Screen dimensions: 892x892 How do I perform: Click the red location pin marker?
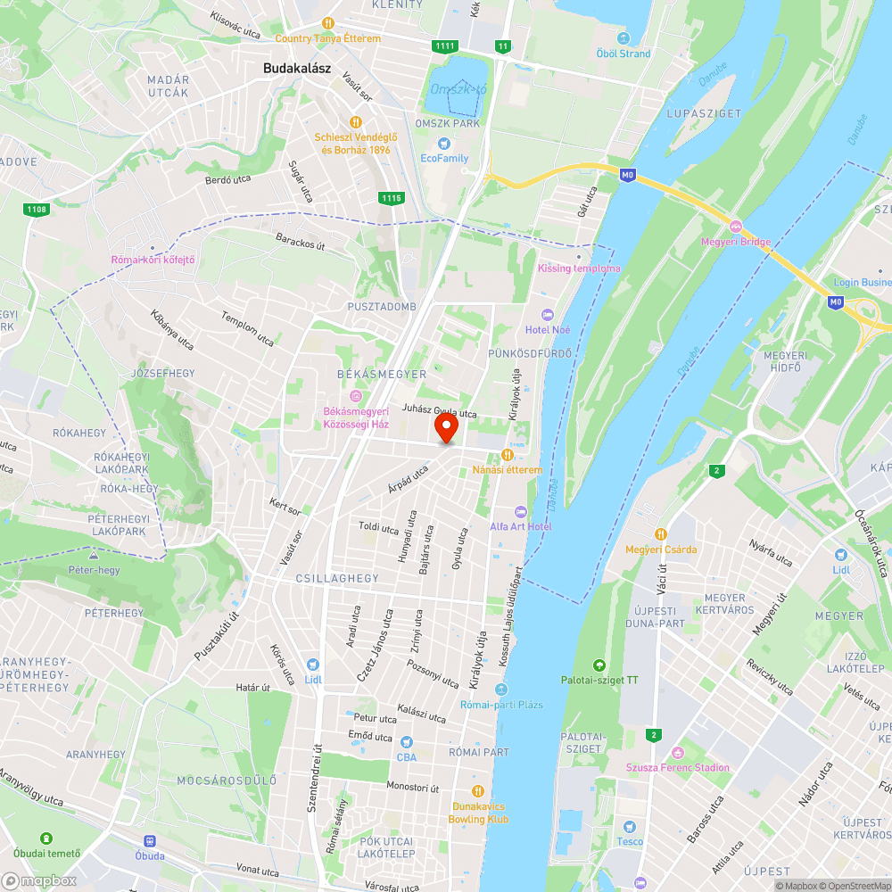click(445, 428)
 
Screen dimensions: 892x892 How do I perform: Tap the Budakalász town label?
click(297, 67)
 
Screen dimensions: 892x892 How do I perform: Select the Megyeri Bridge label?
click(736, 242)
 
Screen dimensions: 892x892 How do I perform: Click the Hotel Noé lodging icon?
click(547, 315)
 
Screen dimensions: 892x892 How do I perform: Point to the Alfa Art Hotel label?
click(520, 526)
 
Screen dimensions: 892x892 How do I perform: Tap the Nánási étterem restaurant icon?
click(508, 455)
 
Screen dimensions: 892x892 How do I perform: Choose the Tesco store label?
click(630, 841)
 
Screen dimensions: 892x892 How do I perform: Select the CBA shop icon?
click(407, 742)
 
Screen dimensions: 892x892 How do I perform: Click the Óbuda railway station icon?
click(149, 840)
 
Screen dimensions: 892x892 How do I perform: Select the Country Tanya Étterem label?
click(327, 38)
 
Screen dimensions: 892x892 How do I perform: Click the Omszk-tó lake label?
click(458, 89)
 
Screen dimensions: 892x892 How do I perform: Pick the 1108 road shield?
click(37, 209)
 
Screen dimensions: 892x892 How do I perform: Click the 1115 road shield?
click(390, 197)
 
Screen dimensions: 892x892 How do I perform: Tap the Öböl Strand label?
click(624, 54)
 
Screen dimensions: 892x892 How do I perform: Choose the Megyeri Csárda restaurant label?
click(661, 549)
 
